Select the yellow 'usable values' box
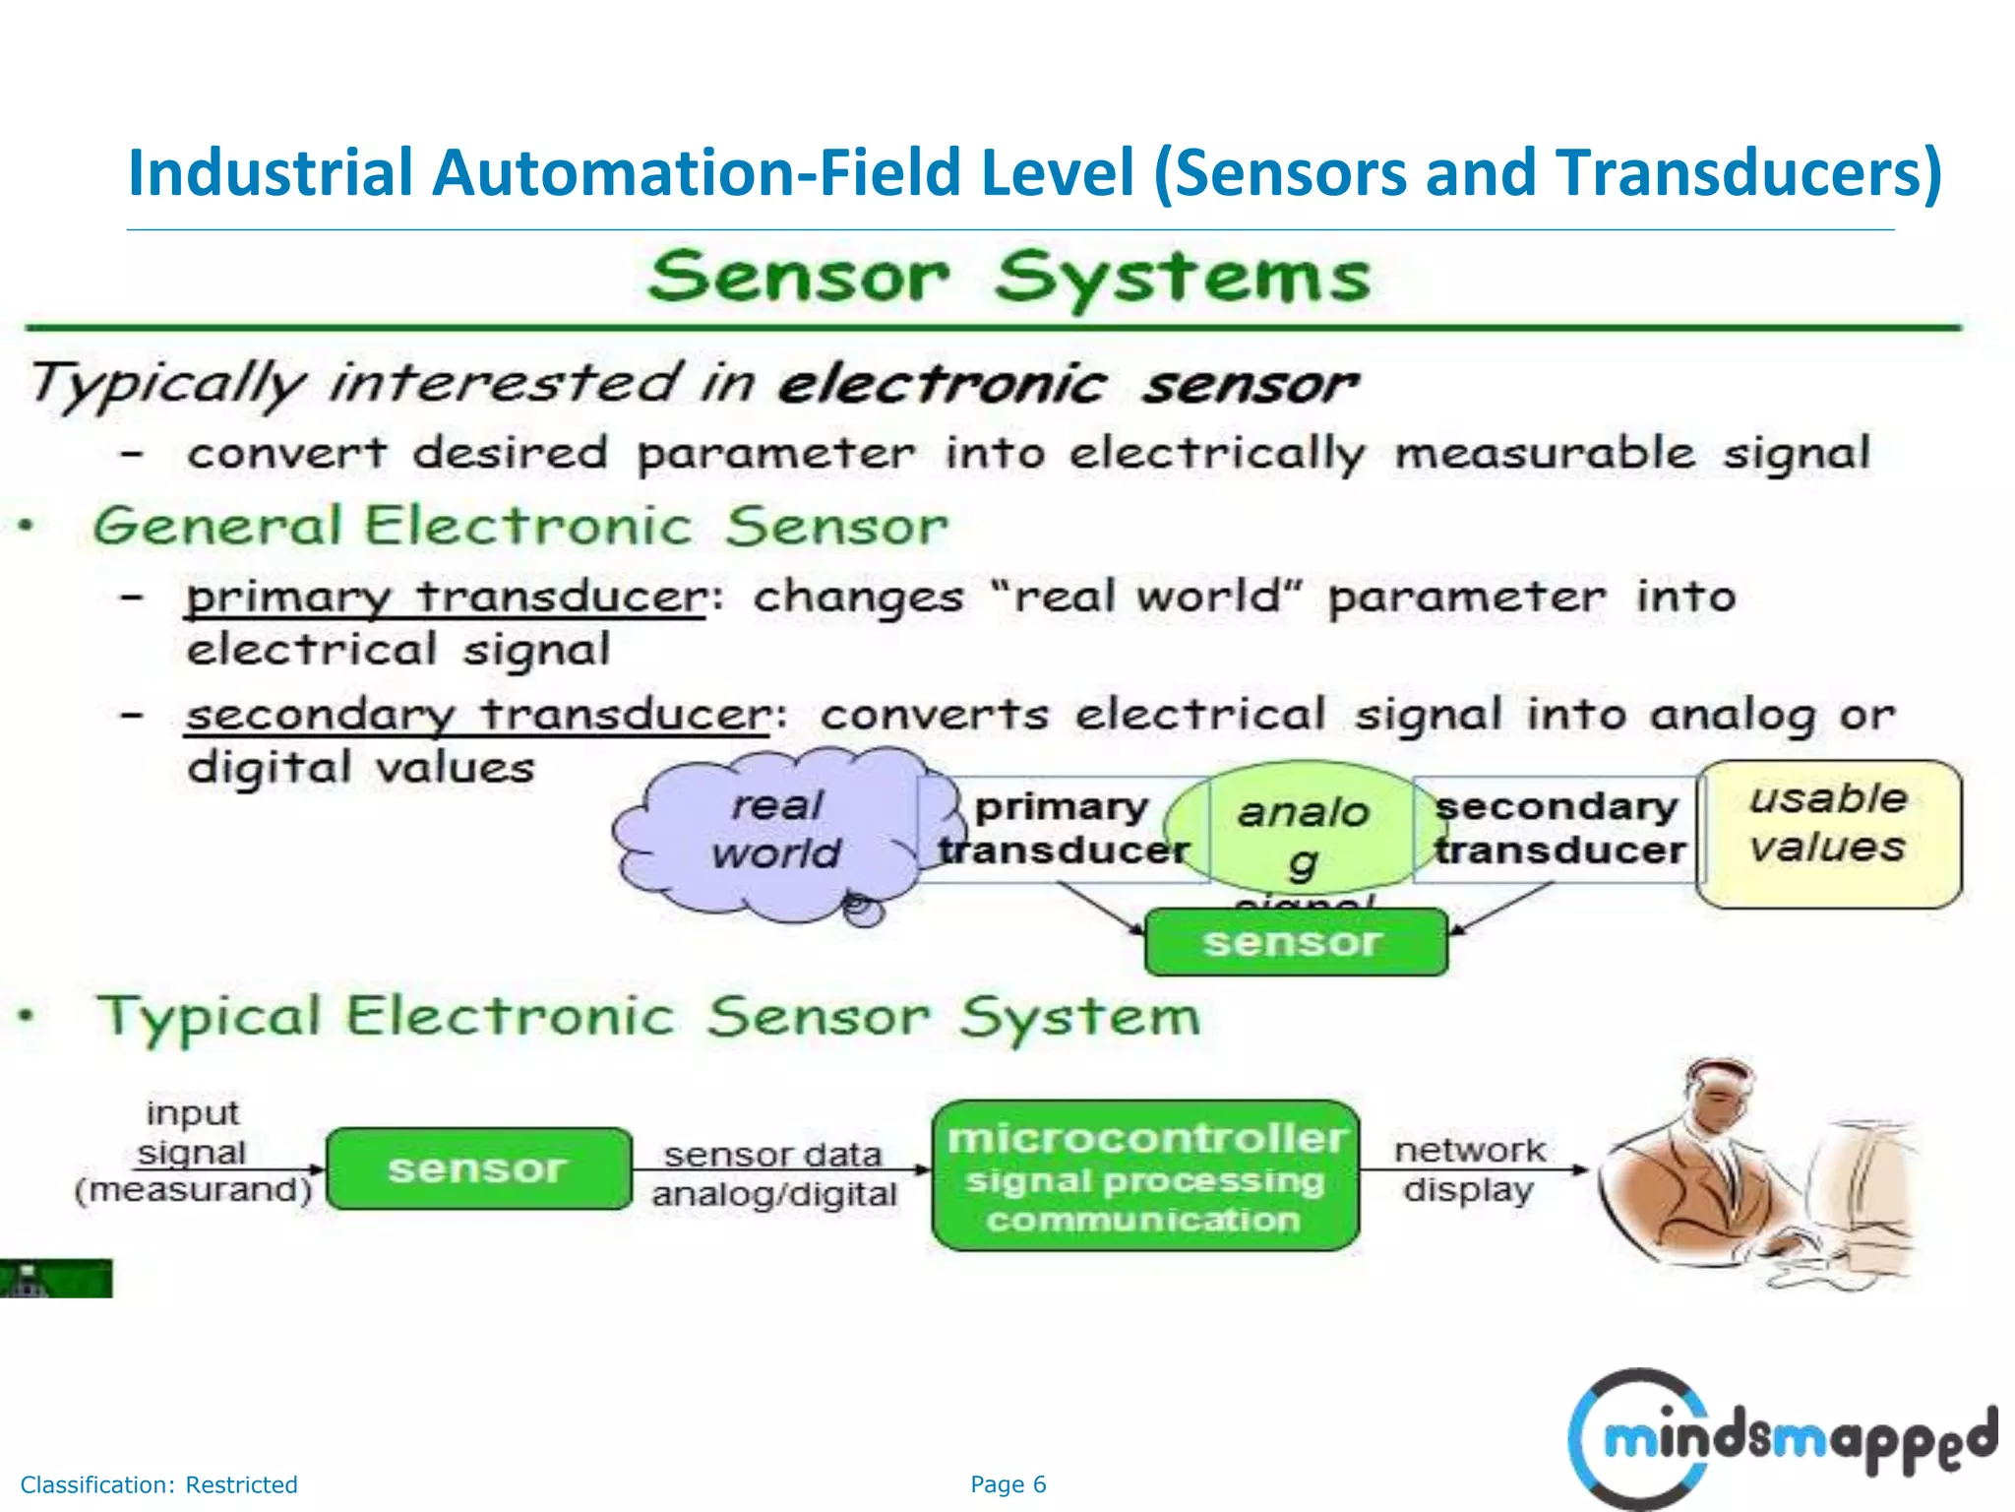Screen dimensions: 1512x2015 click(1829, 833)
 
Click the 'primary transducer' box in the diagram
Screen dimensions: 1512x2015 click(1063, 829)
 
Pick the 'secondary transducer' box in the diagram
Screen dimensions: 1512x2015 click(1557, 829)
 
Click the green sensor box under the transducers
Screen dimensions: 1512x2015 click(1295, 942)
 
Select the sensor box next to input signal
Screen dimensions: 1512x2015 click(478, 1168)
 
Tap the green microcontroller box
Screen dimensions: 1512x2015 click(1145, 1176)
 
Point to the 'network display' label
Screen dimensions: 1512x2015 click(1469, 1169)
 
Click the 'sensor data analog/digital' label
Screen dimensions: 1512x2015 click(773, 1173)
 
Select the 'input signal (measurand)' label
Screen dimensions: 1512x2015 click(193, 1152)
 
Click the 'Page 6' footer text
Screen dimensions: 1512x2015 click(1007, 1484)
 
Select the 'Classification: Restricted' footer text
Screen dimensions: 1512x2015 click(158, 1484)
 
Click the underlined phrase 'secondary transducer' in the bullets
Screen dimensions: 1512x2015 click(478, 715)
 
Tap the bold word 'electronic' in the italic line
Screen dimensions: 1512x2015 click(942, 384)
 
